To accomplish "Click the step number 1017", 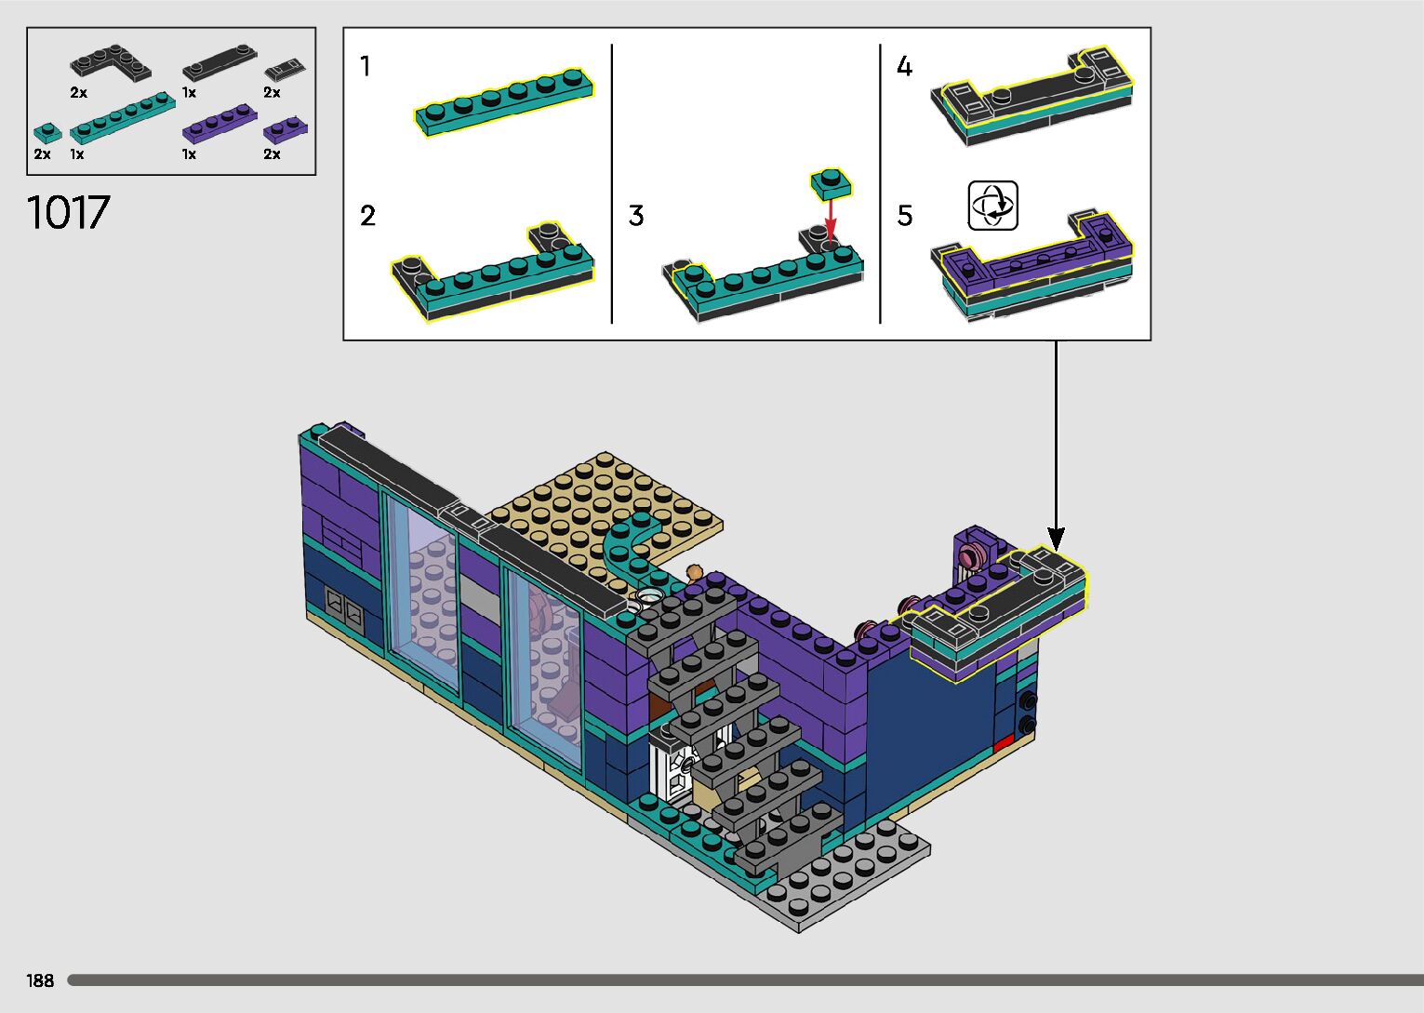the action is (x=68, y=212).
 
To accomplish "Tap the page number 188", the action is (x=40, y=980).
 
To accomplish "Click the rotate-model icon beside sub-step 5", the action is (x=992, y=206).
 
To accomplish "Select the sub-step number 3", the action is (x=635, y=216).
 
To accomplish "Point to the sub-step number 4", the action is (x=904, y=66).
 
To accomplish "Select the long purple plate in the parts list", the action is (x=220, y=124).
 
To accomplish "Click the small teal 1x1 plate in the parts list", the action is (x=47, y=133).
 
